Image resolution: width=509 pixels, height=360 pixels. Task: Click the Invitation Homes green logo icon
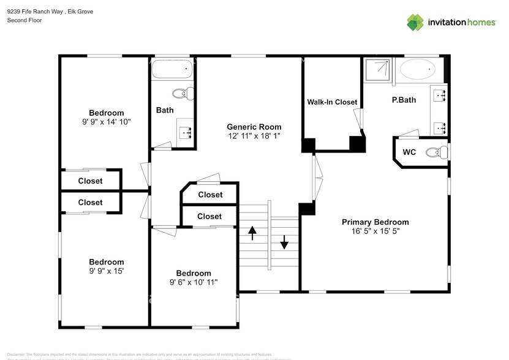tap(415, 23)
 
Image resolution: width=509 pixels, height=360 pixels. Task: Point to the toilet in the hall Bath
tap(183, 94)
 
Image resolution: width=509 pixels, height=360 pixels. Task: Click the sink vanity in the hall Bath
tap(186, 132)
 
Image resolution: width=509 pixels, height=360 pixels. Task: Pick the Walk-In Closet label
tap(332, 102)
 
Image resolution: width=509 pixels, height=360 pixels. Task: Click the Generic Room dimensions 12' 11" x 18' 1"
tap(254, 136)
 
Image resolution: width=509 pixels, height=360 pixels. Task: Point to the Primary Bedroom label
tap(375, 222)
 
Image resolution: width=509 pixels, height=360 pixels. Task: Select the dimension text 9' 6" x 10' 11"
tap(194, 282)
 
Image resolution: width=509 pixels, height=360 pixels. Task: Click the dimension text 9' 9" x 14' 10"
tap(106, 121)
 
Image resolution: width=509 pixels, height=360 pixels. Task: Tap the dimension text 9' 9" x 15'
tap(106, 271)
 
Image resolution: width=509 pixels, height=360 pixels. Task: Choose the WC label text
tap(409, 152)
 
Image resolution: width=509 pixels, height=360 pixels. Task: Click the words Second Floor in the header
tap(25, 21)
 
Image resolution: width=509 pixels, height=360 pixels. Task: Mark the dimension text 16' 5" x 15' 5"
tap(375, 231)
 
